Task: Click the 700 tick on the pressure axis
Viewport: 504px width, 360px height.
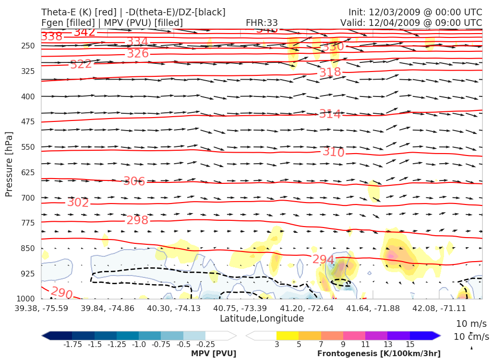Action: click(x=28, y=198)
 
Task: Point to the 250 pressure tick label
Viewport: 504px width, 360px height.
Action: click(x=28, y=46)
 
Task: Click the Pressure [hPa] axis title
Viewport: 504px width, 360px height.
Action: click(x=9, y=164)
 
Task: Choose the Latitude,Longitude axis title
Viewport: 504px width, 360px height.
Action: click(x=262, y=319)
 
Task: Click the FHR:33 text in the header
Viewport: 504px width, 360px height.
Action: click(x=262, y=23)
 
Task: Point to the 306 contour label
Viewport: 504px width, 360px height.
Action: click(x=134, y=181)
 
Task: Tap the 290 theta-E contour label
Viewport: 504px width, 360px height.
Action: click(x=61, y=292)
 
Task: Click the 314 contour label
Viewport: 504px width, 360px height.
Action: click(x=330, y=114)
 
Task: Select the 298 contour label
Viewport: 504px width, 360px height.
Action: click(x=137, y=220)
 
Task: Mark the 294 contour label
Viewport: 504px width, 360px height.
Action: click(x=323, y=260)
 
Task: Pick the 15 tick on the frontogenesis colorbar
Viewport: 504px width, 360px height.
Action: click(x=410, y=345)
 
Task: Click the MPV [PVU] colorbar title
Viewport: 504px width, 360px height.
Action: click(x=214, y=354)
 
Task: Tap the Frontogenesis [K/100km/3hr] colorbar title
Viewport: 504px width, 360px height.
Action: click(x=379, y=354)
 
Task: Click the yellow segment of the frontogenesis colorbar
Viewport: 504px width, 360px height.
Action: click(x=288, y=336)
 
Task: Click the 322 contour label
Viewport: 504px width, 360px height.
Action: click(x=81, y=64)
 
